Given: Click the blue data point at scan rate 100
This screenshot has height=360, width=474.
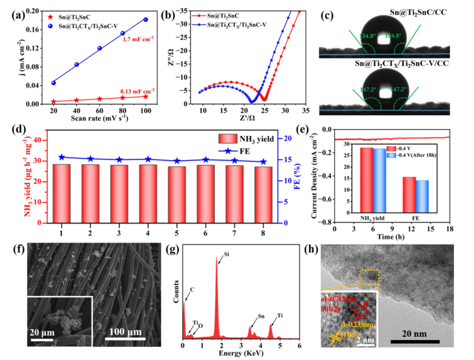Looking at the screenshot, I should (x=145, y=19).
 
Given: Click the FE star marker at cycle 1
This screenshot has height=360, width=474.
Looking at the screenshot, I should (x=61, y=157).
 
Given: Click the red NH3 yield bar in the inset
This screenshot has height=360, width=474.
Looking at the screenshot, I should (x=366, y=180).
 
